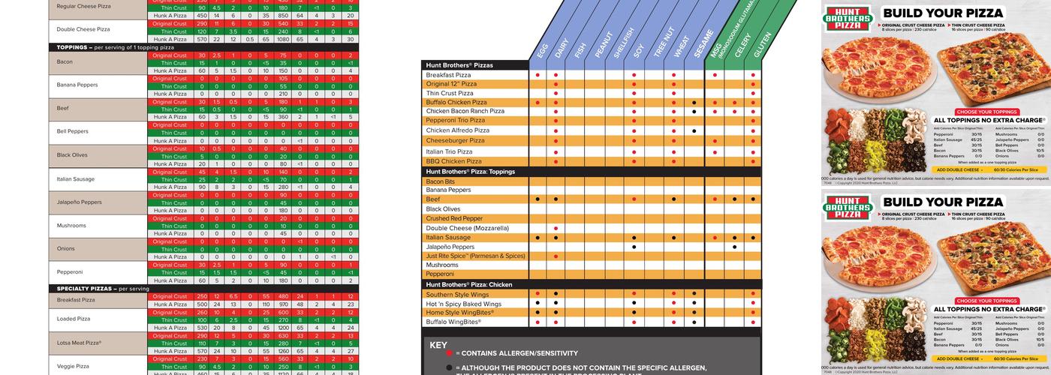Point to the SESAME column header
700,45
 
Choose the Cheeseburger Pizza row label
456,140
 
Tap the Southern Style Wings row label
458,295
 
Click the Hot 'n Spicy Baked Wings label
463,304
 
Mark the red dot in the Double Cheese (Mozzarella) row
556,228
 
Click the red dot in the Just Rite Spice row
556,256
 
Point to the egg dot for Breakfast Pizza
538,75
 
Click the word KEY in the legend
438,345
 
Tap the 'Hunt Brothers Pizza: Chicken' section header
469,285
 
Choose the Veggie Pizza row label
73,366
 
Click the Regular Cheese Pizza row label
83,5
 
